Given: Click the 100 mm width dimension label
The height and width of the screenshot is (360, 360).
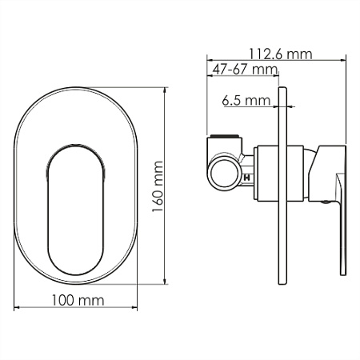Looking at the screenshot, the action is [78, 300].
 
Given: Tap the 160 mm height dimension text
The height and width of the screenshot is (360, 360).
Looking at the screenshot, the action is [158, 186].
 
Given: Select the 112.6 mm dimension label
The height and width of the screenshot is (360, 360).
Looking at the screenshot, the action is [281, 54].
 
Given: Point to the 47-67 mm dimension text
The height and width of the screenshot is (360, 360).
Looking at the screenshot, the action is [245, 70].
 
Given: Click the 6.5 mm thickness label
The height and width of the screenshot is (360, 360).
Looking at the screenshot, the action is [246, 101].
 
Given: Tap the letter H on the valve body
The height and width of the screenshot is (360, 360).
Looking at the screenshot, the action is [247, 178].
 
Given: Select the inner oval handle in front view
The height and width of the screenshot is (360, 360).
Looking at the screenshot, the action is [76, 210].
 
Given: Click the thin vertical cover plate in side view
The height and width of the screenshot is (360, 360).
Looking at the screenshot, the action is [282, 186].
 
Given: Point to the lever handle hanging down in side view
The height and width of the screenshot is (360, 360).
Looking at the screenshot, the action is [342, 224].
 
